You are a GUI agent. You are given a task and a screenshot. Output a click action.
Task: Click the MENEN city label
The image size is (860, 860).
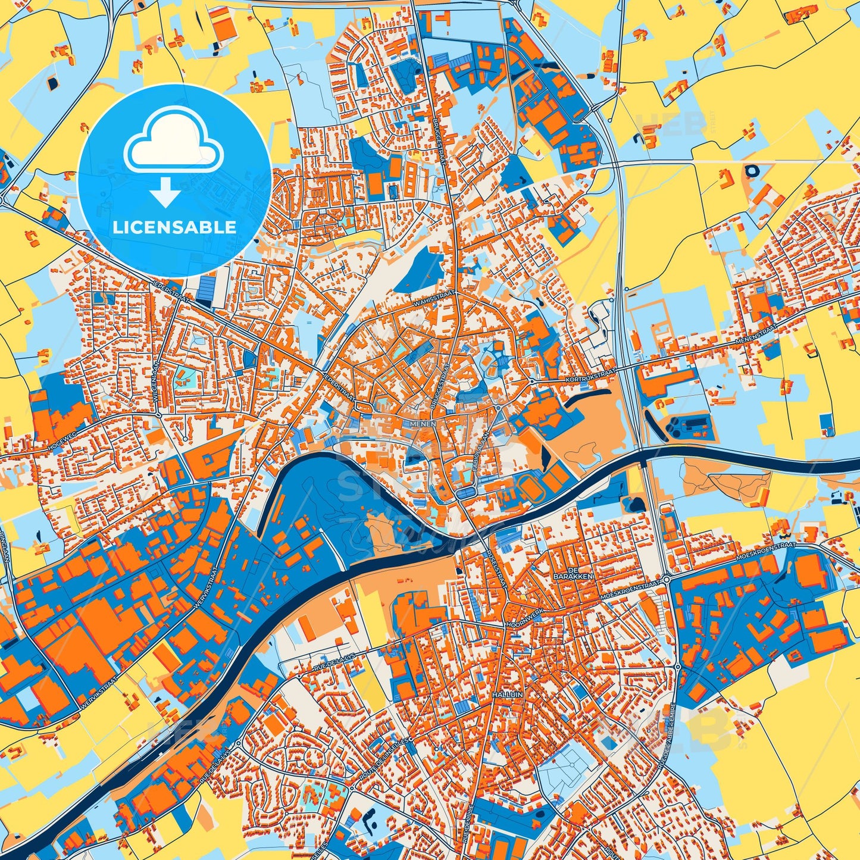423,424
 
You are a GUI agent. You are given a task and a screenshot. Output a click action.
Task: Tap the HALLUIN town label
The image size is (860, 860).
506,695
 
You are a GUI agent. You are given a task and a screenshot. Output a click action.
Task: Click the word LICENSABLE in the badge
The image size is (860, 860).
175,227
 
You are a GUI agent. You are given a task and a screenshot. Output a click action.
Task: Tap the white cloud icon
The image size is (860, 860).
173,143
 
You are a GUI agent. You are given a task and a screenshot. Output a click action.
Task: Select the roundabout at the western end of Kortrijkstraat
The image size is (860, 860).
531,381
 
